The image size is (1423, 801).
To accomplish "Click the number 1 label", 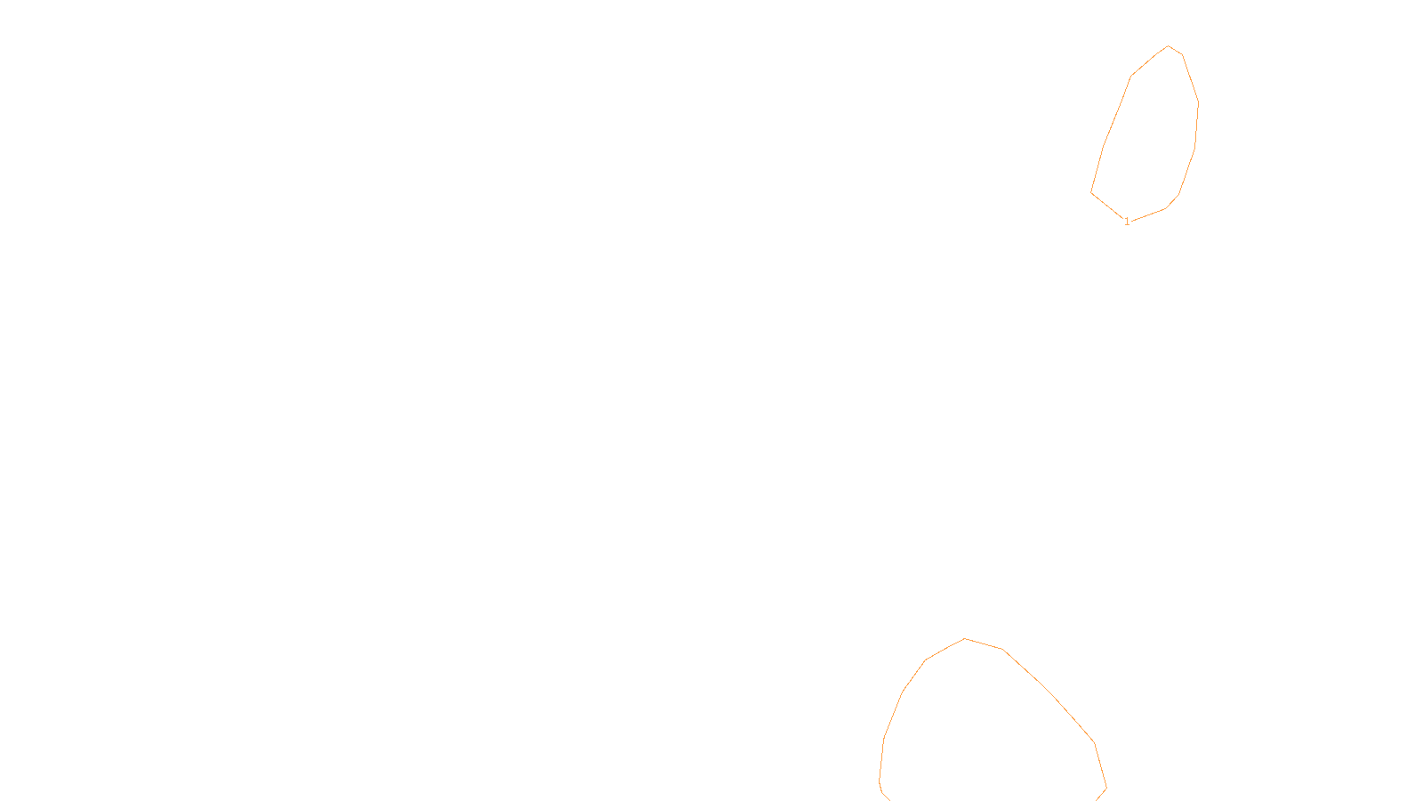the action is pos(1127,222).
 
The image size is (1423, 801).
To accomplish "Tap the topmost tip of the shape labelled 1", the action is pos(1169,45).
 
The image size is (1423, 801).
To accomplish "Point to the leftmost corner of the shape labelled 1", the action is pos(1091,192).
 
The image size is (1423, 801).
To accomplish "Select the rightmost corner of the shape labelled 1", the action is pos(1199,102).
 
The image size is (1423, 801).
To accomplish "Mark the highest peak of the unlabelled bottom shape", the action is pos(964,639).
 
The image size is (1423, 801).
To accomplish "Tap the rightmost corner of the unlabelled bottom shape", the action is pos(1106,789).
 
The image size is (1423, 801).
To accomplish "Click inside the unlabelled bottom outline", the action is pos(991,731).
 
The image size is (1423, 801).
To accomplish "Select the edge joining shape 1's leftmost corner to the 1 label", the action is pos(1107,206).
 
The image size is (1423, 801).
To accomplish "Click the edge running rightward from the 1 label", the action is pos(1148,214).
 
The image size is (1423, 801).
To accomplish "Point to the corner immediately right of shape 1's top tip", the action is pos(1182,54).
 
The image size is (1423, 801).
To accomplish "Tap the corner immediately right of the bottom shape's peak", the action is pos(1002,649).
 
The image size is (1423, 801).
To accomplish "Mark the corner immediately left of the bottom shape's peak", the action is pos(926,659).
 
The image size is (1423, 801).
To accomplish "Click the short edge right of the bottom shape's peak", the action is pos(984,644).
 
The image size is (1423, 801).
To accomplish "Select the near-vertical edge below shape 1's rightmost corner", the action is pos(1197,125).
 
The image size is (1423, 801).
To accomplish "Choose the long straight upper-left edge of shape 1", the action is pos(1117,111).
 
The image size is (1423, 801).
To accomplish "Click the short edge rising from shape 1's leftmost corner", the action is pos(1097,170).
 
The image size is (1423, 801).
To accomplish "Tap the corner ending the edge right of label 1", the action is pos(1166,208).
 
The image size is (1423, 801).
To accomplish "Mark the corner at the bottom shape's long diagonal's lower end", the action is pos(1095,742).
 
